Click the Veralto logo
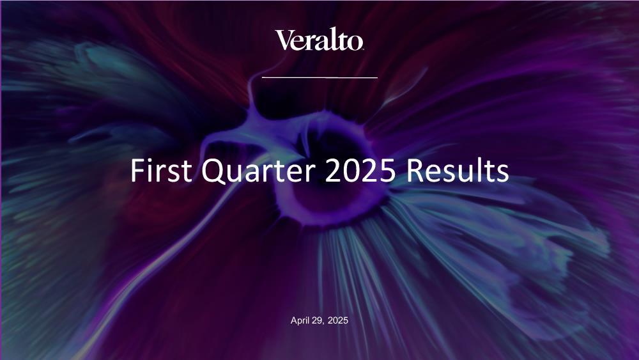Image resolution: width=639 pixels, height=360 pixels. coord(319,40)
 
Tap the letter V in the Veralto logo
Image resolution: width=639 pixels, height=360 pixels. coord(284,40)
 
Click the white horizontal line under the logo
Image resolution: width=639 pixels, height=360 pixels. coord(319,77)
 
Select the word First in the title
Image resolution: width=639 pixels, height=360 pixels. coord(161,170)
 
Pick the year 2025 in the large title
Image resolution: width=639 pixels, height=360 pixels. coord(360,170)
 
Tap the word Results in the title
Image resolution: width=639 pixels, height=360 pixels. coord(458,170)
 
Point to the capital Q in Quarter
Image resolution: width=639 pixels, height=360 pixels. coord(213,171)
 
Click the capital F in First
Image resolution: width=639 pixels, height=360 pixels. coord(138,170)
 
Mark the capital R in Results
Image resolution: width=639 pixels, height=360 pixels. coord(415,170)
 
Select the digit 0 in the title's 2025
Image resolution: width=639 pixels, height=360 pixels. coord(351,170)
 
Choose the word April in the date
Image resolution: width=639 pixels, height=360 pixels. coord(300,321)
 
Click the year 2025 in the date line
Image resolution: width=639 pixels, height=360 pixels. coord(338,320)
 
